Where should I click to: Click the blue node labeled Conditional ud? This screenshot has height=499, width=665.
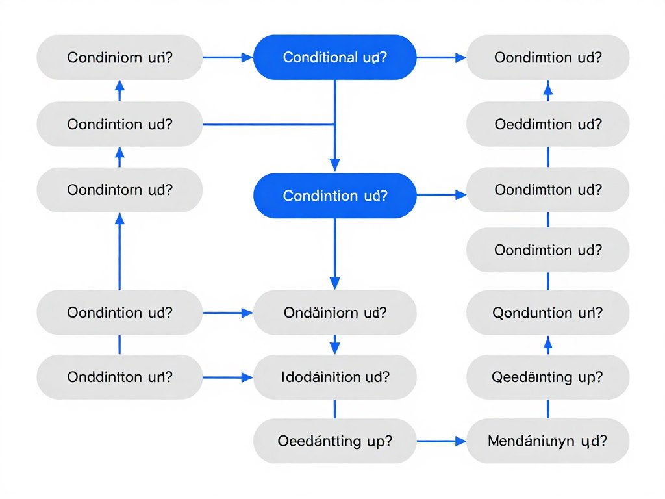pos(334,57)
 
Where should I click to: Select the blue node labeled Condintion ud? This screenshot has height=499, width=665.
pos(334,196)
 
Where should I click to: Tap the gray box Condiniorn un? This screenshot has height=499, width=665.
pos(119,57)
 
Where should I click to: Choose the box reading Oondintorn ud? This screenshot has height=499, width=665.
pos(119,190)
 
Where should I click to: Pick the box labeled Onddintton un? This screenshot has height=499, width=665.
pos(119,377)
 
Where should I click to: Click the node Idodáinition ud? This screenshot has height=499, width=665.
pos(334,377)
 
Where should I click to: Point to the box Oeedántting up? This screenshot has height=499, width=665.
pos(334,441)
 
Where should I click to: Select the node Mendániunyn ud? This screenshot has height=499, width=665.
pos(547,441)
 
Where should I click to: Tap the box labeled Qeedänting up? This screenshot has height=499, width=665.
pos(547,377)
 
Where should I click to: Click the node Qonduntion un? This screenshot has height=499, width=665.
pos(547,313)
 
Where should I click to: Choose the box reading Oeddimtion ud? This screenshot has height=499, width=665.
pos(547,123)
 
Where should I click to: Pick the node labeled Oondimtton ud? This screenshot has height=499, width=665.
pos(547,190)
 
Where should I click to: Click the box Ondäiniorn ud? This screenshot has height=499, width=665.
pos(334,313)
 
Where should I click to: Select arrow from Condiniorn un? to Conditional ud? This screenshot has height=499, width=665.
pos(227,57)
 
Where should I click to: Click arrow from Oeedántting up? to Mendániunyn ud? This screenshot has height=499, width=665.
pos(440,441)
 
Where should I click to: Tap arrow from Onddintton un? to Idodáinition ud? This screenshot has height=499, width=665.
pos(227,377)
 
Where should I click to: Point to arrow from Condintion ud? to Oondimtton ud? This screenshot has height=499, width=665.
pos(440,194)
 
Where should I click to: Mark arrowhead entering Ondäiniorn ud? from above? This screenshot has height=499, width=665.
pos(334,283)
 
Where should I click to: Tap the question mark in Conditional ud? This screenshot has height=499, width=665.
pos(383,57)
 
